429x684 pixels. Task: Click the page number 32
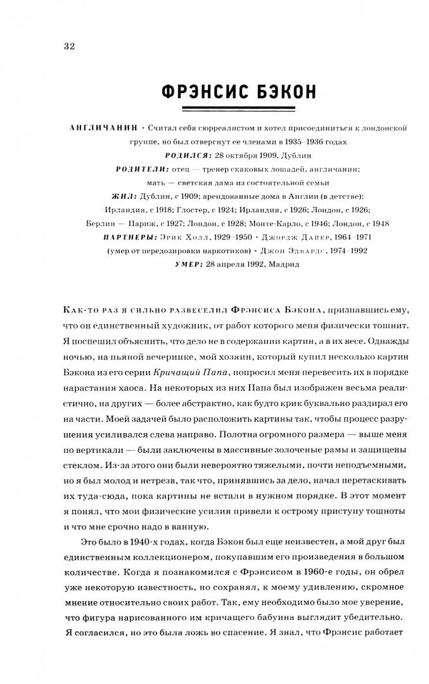click(x=69, y=46)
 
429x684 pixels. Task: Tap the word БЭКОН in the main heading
click(x=283, y=92)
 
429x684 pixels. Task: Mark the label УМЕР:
click(x=188, y=264)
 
